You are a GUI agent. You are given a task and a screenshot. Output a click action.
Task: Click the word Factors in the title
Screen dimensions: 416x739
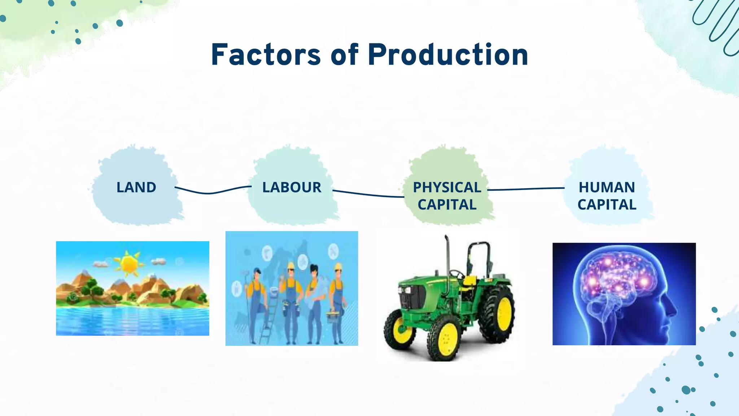point(266,55)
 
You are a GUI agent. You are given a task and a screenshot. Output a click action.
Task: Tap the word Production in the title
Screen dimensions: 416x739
point(448,55)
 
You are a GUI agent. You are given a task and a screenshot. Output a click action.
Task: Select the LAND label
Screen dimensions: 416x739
point(136,187)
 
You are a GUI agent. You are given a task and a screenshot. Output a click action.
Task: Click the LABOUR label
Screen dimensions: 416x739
point(292,187)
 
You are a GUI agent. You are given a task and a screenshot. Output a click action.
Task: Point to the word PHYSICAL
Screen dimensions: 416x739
point(447,187)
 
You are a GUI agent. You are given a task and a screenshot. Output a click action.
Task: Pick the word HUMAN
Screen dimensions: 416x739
point(607,187)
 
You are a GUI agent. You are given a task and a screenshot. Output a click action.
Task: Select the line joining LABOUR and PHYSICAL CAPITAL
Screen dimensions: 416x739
point(368,195)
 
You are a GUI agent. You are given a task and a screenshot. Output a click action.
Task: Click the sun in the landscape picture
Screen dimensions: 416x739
point(128,264)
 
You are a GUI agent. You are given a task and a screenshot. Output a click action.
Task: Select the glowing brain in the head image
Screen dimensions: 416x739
point(617,274)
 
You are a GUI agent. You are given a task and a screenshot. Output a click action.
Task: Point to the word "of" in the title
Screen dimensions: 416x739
point(344,55)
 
